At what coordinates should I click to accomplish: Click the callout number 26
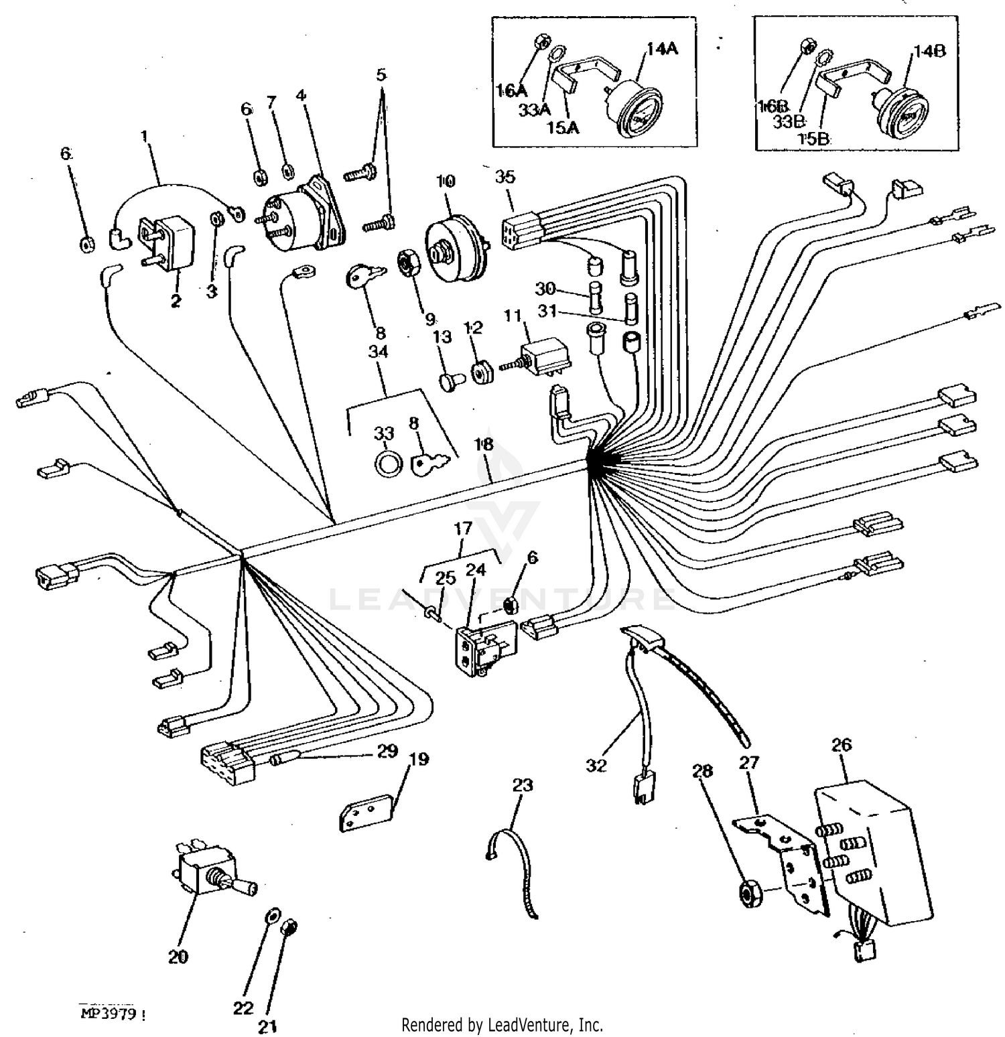(842, 744)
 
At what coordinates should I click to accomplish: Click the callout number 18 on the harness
(484, 444)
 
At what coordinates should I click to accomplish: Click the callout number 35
(505, 177)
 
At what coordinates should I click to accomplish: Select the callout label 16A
(511, 89)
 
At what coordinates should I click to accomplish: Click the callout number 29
(387, 751)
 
